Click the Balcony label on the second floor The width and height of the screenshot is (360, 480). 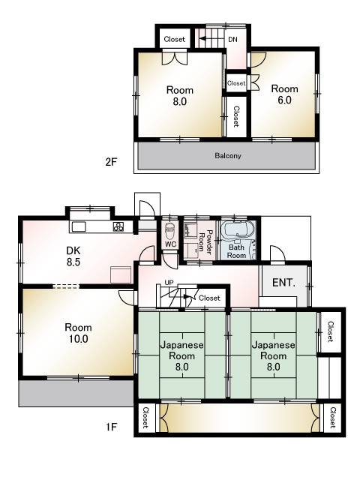pyautogui.click(x=228, y=156)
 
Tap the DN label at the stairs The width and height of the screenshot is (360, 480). pyautogui.click(x=232, y=40)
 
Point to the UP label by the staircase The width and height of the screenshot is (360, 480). pyautogui.click(x=169, y=283)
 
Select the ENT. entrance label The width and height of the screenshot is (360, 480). pyautogui.click(x=283, y=282)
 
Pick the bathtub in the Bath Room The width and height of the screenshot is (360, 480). pyautogui.click(x=238, y=229)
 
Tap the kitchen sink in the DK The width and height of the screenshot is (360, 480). pyautogui.click(x=79, y=226)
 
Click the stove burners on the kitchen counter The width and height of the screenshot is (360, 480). pyautogui.click(x=118, y=226)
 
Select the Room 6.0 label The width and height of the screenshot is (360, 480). pyautogui.click(x=284, y=94)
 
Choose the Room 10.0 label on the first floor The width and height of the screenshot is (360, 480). pyautogui.click(x=78, y=333)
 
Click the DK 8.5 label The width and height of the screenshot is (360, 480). pyautogui.click(x=73, y=256)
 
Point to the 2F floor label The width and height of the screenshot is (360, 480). pyautogui.click(x=111, y=162)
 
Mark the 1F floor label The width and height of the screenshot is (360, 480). pyautogui.click(x=112, y=427)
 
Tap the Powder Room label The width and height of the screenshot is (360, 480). pyautogui.click(x=205, y=241)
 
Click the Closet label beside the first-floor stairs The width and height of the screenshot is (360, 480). pyautogui.click(x=209, y=298)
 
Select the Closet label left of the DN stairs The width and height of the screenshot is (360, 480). pyautogui.click(x=175, y=39)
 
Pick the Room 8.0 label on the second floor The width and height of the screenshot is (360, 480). pyautogui.click(x=180, y=96)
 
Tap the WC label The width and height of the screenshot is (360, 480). pyautogui.click(x=170, y=244)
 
